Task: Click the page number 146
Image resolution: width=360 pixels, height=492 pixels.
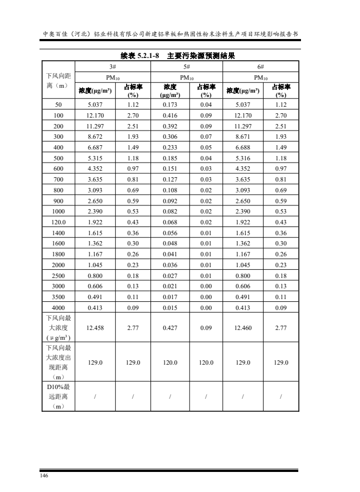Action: click(x=44, y=476)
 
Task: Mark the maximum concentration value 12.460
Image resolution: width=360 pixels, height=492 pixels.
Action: click(x=243, y=327)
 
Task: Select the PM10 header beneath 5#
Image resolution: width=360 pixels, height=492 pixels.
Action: click(x=187, y=77)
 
